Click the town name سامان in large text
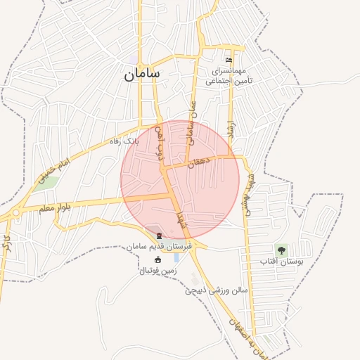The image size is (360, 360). [142, 73]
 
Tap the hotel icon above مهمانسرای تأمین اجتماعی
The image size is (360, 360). [227, 60]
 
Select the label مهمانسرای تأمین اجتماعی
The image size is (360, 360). [226, 77]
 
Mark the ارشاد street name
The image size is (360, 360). [230, 127]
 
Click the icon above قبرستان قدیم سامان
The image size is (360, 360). [159, 235]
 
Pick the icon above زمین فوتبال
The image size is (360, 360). [157, 259]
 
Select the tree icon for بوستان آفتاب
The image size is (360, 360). [281, 250]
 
